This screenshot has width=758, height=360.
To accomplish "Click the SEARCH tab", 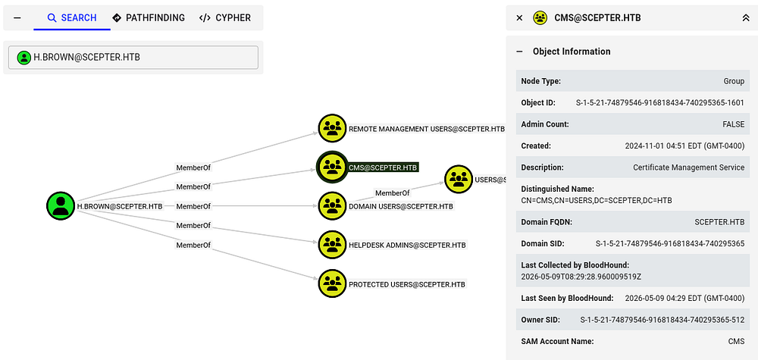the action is coord(72,18).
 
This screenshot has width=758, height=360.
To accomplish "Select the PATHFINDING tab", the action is coord(149,18).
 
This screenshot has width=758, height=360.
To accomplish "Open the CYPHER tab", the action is coord(225,18).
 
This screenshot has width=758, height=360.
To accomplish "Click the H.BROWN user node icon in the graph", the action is coord(61,206).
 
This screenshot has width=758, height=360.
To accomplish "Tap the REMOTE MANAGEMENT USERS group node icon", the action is coord(332,129).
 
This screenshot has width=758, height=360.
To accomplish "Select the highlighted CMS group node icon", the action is coord(332,167).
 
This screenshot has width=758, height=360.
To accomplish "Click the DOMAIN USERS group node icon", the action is coord(332,206).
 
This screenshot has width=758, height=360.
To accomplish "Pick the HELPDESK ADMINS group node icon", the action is coord(332,245).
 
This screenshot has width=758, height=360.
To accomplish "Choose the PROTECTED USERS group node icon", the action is coord(332,283).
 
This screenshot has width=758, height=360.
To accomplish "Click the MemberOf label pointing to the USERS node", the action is coord(393,193).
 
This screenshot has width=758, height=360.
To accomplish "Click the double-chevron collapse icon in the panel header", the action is coord(745,18).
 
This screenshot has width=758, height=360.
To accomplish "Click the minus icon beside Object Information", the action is coord(520,52).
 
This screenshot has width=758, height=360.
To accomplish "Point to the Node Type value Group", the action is coord(734,81).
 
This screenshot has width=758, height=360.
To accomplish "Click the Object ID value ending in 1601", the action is coord(660,103).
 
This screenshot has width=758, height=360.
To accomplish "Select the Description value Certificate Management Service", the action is coord(688,167).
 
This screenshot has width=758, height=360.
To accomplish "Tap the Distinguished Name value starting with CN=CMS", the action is coord(597,200).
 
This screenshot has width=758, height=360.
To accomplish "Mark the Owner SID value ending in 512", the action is coord(662,319).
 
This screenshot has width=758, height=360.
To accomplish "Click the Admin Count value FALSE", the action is coord(733,124).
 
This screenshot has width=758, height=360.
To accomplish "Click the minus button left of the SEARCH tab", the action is coord(17,18).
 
